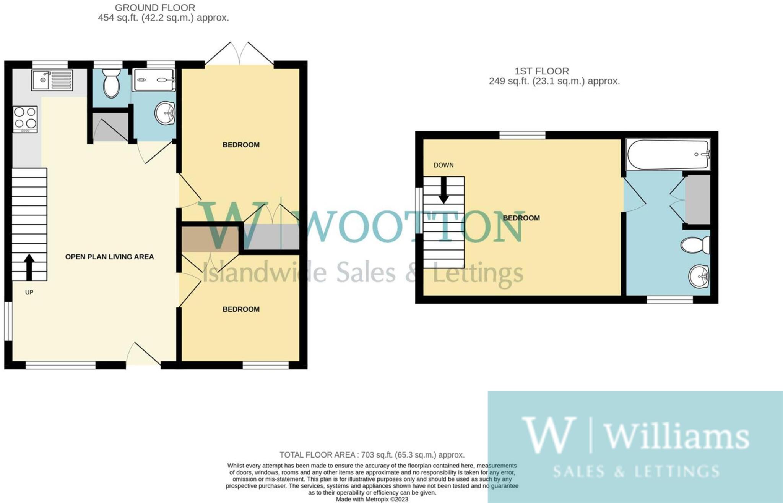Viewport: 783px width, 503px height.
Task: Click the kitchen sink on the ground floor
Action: coord(52,80)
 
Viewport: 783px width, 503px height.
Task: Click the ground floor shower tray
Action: coord(154,80)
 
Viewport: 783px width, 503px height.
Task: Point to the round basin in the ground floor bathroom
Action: coord(165,113)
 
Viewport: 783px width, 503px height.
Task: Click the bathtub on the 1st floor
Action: coord(668,154)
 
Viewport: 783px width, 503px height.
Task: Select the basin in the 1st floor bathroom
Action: coord(699,276)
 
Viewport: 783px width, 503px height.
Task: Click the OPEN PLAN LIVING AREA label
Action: coord(109,257)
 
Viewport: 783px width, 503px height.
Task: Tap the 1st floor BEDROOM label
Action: coord(521,218)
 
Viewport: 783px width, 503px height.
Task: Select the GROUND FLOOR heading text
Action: coord(155,8)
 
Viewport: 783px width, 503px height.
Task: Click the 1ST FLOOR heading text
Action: coord(541,71)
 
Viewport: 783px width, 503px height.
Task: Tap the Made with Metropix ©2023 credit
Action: coord(372,499)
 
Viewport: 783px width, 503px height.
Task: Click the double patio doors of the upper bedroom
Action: coord(239,53)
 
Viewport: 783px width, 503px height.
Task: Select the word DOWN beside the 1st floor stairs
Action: coord(443,165)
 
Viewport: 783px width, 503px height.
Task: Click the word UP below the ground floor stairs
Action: coord(29,292)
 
